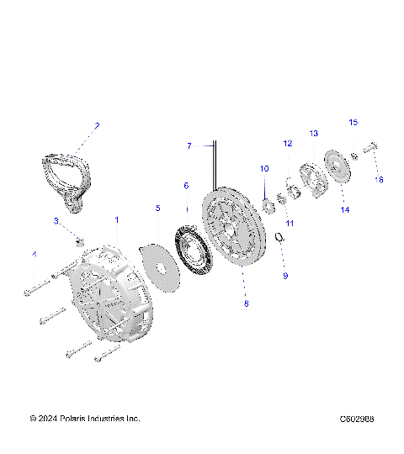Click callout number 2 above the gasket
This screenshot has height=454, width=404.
click(97, 126)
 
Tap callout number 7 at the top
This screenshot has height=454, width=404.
click(189, 145)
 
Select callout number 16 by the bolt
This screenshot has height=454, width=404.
click(379, 179)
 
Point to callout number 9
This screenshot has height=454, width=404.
click(284, 275)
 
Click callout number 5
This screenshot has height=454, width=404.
click(157, 207)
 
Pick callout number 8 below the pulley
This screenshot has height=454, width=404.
click(246, 304)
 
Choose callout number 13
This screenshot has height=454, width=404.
click(313, 134)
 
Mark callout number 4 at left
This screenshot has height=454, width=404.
click(35, 254)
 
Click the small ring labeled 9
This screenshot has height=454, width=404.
click(281, 241)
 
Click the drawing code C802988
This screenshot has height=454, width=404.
click(357, 419)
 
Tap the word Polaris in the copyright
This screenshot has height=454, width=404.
click(80, 419)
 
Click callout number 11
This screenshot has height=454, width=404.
click(289, 223)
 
